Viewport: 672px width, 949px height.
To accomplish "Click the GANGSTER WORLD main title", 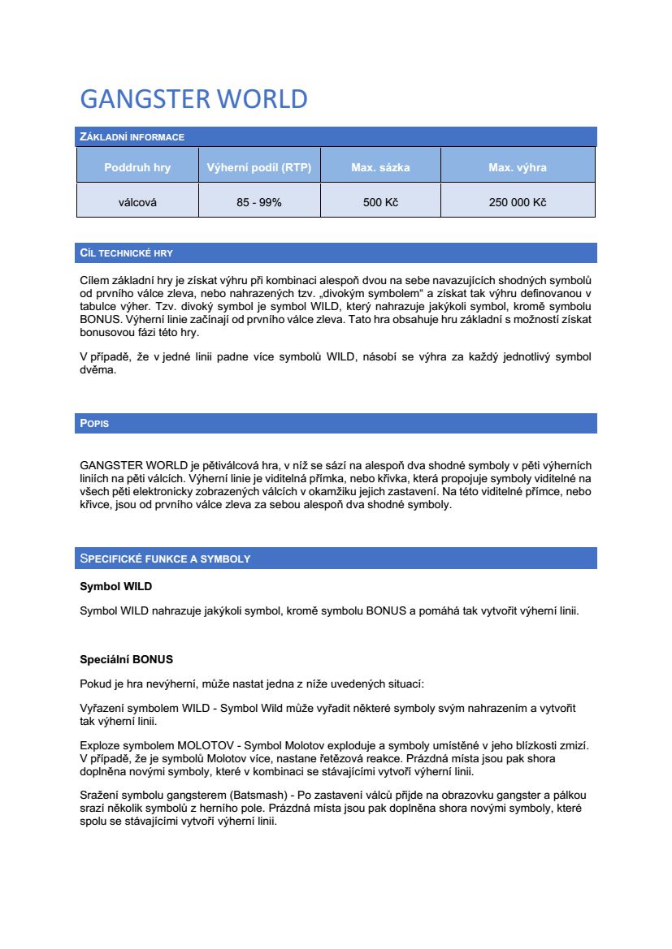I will (x=193, y=99).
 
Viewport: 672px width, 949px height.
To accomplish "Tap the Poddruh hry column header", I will (x=137, y=168).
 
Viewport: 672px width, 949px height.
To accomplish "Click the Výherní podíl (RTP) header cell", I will (x=259, y=168).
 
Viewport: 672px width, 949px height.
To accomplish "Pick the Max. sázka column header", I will (x=380, y=168).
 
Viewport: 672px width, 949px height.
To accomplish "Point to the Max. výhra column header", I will (x=518, y=168).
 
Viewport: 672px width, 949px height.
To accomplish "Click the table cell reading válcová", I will (x=137, y=202).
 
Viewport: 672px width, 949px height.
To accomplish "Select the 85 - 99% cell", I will (x=259, y=202).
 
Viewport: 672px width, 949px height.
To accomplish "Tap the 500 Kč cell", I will (x=380, y=202).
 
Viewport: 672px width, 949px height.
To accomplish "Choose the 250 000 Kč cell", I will (x=518, y=202).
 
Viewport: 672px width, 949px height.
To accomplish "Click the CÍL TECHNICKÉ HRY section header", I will (x=126, y=253).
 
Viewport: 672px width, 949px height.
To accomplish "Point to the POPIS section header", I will (x=94, y=424).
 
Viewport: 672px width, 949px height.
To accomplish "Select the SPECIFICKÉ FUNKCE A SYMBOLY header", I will (x=165, y=559).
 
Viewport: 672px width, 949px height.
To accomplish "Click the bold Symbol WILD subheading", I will (x=115, y=586).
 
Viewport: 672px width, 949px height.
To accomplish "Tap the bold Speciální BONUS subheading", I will (x=126, y=659).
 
